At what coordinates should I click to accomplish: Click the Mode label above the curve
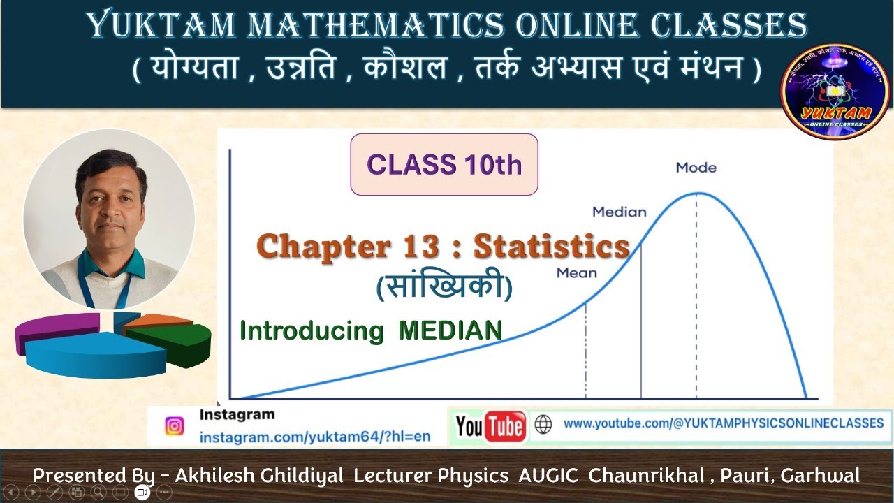coord(696,168)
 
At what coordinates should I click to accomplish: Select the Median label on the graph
coord(619,212)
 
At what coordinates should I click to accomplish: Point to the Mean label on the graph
coord(576,273)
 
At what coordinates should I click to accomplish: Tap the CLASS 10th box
coord(444,165)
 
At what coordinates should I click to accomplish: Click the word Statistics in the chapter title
coord(552,247)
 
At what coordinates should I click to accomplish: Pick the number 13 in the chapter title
coord(421,247)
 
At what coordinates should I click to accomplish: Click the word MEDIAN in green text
coord(450,330)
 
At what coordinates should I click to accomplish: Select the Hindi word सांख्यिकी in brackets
coord(444,287)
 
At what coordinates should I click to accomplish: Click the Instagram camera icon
coord(174,426)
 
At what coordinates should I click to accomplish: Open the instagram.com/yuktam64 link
coord(314,437)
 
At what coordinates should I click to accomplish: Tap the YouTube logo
coord(490,426)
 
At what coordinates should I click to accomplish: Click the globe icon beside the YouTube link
coord(543,424)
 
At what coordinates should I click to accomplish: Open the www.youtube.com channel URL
coord(723,423)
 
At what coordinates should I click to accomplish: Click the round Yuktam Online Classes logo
coord(835,92)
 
